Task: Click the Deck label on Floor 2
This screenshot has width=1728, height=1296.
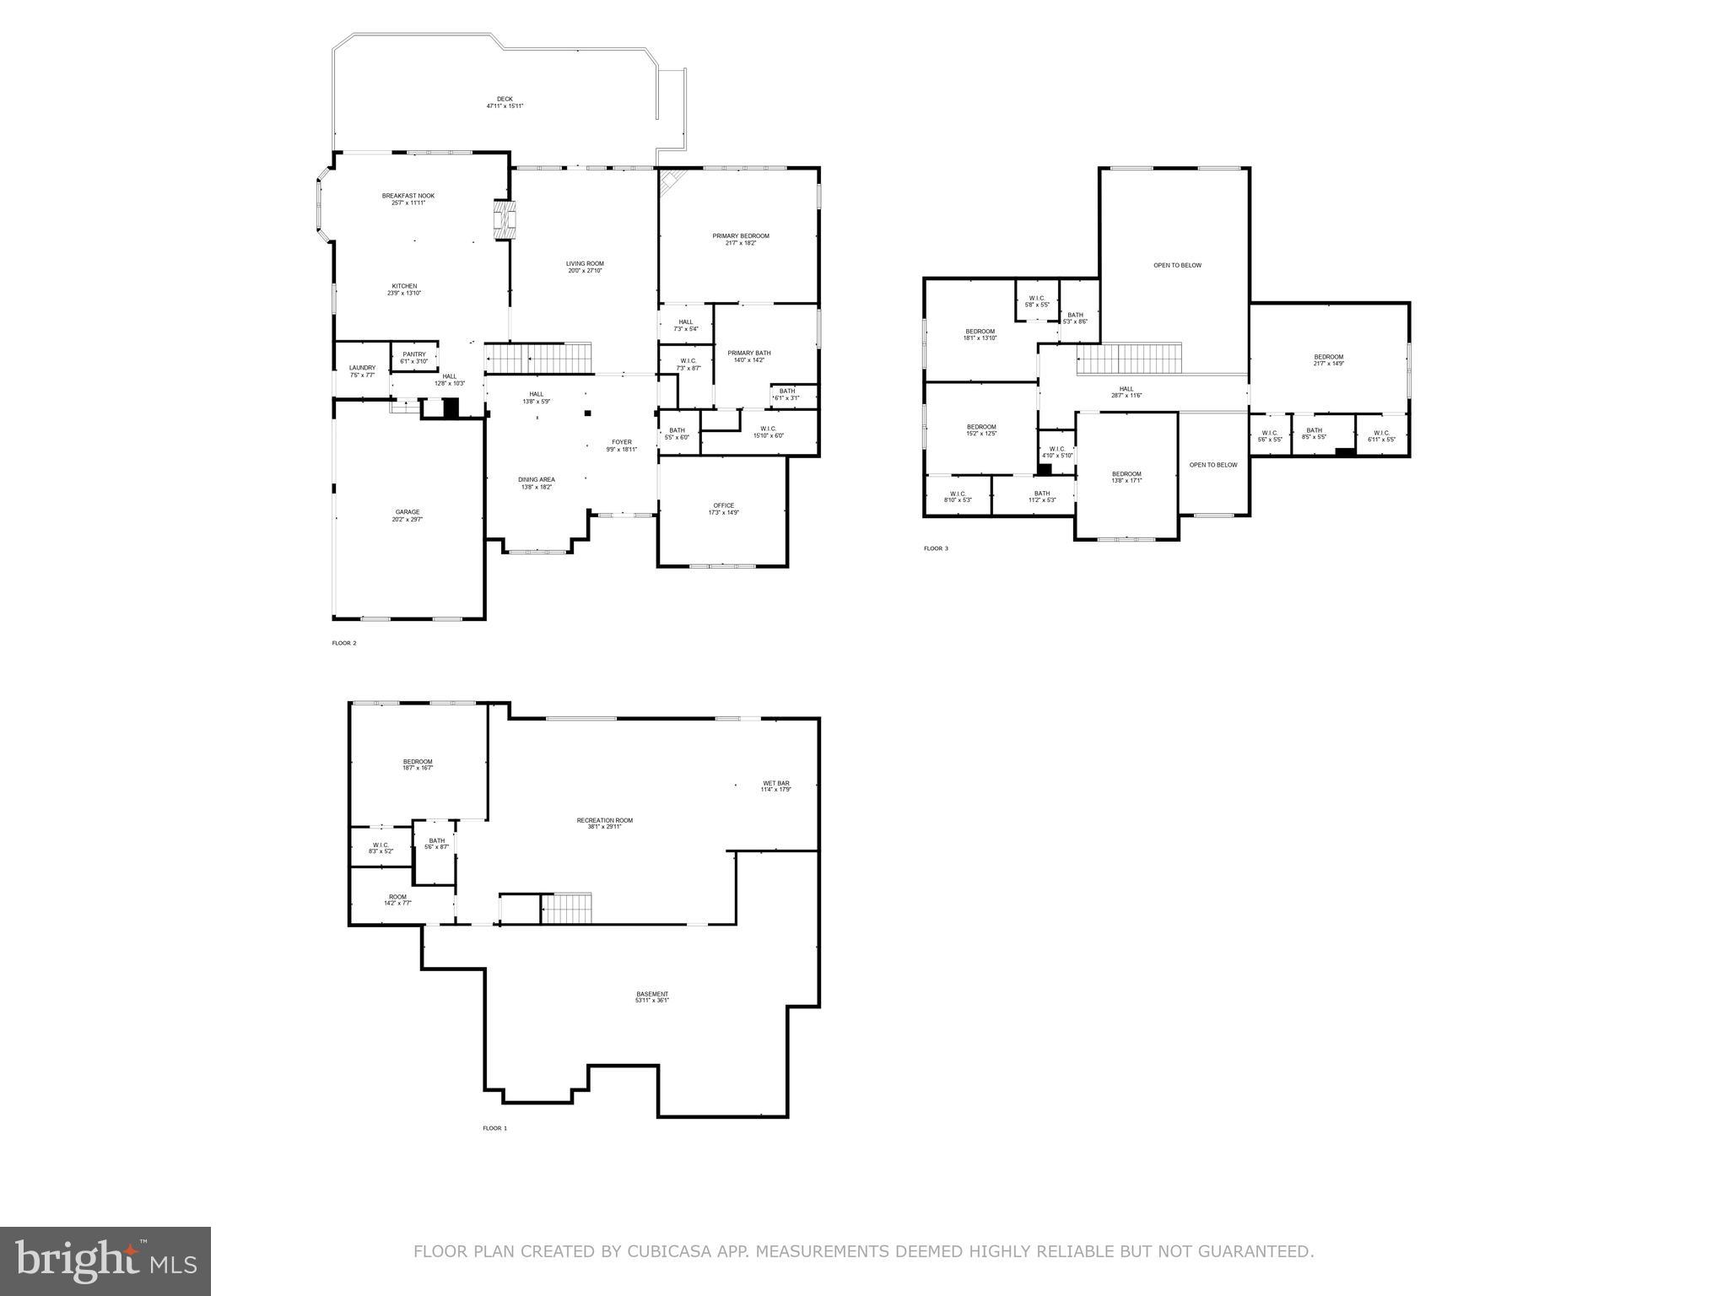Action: click(x=505, y=102)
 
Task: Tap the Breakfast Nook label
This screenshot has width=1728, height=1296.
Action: click(x=408, y=199)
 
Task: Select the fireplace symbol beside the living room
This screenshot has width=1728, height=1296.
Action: click(x=504, y=219)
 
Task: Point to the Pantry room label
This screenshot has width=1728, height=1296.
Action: click(x=414, y=358)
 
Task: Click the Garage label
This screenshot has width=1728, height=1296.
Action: click(x=408, y=516)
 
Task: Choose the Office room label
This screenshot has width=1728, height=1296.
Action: click(x=723, y=509)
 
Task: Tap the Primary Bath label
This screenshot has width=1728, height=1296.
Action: click(x=749, y=356)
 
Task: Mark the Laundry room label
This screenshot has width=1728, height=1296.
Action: click(x=362, y=371)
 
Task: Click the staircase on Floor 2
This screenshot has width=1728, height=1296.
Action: click(x=537, y=358)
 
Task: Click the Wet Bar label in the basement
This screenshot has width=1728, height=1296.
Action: click(x=775, y=786)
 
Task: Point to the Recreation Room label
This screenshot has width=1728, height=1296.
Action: click(x=604, y=823)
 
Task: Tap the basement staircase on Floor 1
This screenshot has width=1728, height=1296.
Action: click(x=566, y=909)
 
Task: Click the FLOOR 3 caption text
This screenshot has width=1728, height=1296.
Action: click(x=936, y=548)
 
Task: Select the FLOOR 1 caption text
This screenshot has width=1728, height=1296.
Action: click(x=494, y=1128)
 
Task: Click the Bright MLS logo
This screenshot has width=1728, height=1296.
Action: click(x=105, y=1261)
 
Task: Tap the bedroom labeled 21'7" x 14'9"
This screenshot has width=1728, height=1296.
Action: click(x=1328, y=360)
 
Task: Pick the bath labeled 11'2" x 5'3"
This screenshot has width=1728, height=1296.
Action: click(x=1042, y=496)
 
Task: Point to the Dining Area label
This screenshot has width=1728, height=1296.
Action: click(x=536, y=483)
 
